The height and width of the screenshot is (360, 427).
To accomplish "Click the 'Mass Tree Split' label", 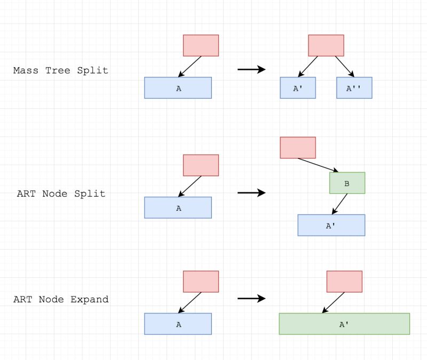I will [60, 70].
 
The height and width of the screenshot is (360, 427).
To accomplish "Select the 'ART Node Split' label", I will [61, 194].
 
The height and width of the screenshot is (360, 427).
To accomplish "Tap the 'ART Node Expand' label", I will [61, 299].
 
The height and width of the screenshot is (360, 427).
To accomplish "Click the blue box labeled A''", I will [354, 88].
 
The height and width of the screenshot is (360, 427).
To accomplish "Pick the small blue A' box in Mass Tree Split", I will [298, 88].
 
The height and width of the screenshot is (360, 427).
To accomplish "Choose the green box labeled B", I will [347, 183].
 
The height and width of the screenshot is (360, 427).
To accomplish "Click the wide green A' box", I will [344, 324].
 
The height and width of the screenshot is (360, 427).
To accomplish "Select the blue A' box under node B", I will [331, 225].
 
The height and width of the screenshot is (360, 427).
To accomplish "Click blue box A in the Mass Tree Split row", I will [178, 88].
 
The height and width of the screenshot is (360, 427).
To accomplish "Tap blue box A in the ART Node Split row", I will [178, 207].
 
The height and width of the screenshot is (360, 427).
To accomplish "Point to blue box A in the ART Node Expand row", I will [178, 324].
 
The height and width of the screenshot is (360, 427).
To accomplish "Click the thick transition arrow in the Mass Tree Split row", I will [251, 69].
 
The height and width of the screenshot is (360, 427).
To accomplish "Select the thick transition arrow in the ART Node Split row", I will [251, 193].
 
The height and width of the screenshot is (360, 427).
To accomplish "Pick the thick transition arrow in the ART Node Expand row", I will [251, 299].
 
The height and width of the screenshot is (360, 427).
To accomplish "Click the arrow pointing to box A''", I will [345, 67].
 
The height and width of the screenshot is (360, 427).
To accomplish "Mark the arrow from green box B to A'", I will [339, 204].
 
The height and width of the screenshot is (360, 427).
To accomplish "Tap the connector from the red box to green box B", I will [315, 165].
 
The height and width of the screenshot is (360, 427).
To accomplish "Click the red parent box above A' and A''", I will [326, 45].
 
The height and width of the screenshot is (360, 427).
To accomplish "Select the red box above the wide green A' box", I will [344, 282].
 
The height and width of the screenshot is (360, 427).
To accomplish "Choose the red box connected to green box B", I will [298, 148].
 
